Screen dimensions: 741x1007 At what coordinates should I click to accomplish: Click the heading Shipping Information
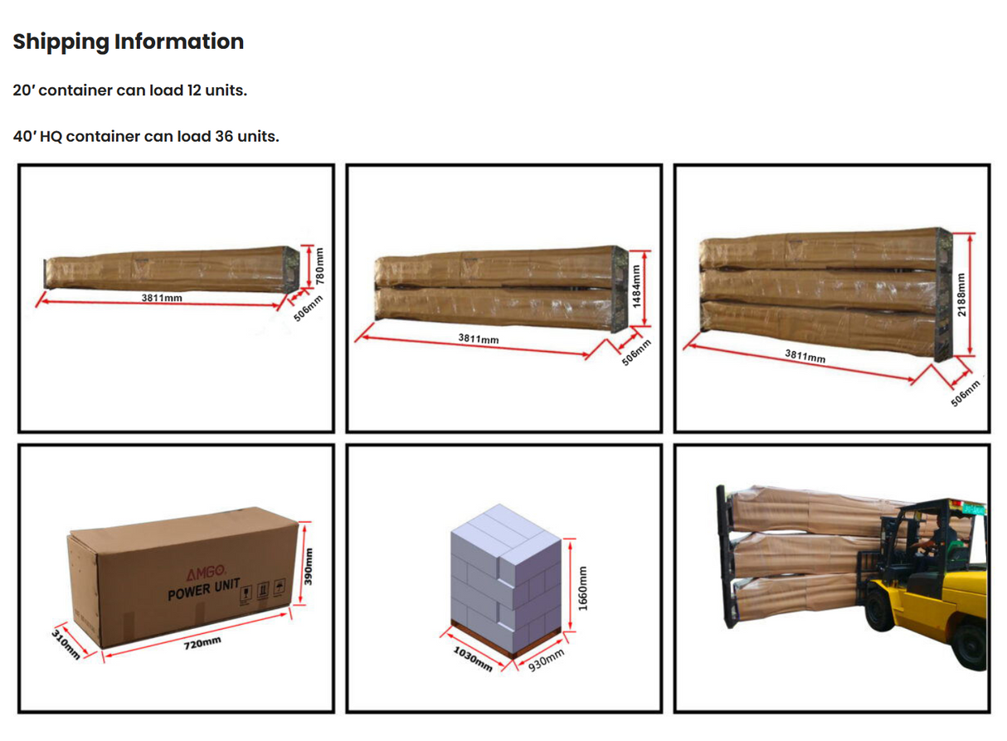(x=129, y=41)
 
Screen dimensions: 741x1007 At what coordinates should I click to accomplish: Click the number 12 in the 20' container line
(x=194, y=90)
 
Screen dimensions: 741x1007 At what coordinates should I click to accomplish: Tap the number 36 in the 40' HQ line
(x=224, y=136)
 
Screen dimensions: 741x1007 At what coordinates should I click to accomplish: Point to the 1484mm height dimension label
(x=637, y=287)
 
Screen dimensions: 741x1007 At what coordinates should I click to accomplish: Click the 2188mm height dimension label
(x=960, y=294)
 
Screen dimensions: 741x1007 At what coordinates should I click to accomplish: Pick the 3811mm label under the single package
(x=162, y=297)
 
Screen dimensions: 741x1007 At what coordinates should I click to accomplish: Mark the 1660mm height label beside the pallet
(x=583, y=589)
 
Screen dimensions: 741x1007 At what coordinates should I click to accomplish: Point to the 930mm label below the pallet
(x=546, y=661)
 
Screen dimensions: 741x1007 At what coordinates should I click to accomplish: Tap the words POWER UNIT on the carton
(x=203, y=592)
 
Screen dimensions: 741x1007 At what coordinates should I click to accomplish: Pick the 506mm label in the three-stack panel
(x=966, y=391)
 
